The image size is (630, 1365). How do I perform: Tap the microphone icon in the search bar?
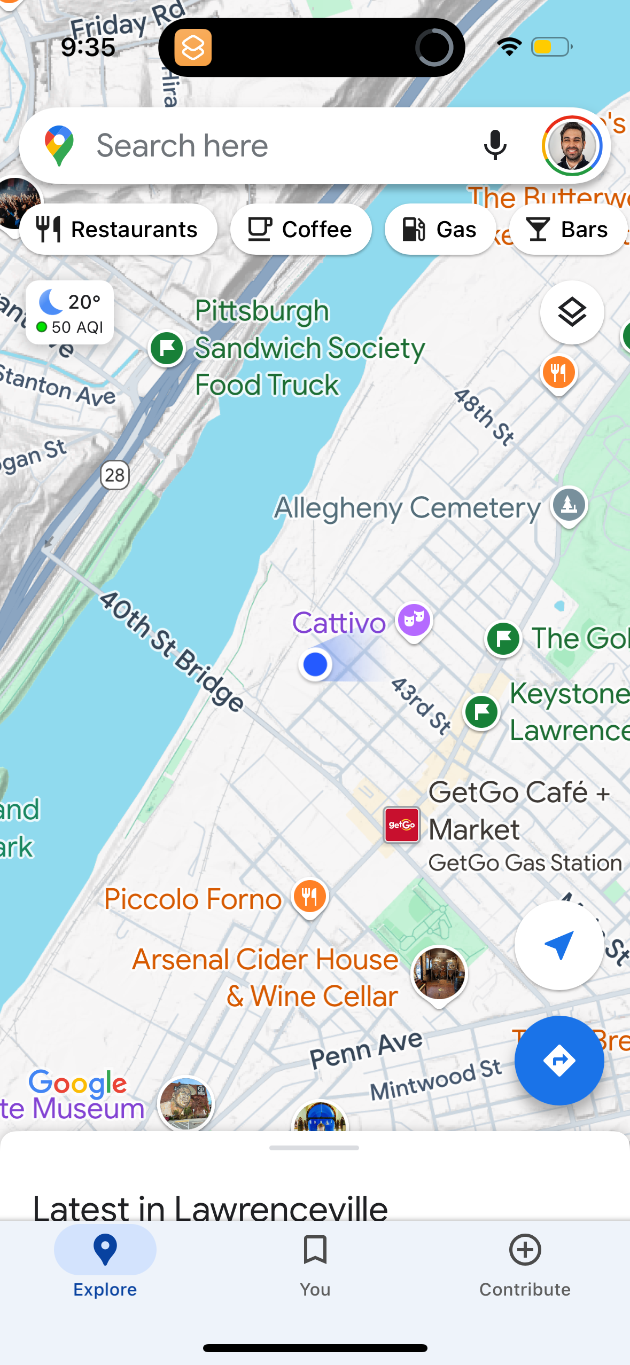click(495, 145)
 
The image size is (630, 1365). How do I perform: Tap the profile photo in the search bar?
click(572, 145)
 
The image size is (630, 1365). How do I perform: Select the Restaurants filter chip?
click(118, 229)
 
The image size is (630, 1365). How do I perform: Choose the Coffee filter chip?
click(301, 229)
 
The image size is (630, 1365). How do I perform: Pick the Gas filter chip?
click(440, 229)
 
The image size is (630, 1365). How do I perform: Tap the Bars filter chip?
click(568, 229)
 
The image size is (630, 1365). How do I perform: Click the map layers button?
click(572, 312)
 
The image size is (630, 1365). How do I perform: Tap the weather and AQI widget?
click(70, 313)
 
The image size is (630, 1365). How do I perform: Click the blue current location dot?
click(315, 664)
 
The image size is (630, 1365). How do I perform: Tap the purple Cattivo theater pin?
click(414, 621)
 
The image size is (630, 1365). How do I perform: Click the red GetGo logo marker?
click(402, 825)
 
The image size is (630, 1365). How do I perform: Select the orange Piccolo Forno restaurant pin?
click(310, 897)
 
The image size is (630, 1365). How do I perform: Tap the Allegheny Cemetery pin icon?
click(569, 505)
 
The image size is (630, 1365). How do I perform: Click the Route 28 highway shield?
click(115, 475)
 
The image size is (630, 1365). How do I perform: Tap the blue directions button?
click(559, 1061)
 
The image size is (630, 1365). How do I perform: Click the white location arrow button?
click(559, 945)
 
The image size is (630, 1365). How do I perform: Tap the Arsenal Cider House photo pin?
click(439, 974)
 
